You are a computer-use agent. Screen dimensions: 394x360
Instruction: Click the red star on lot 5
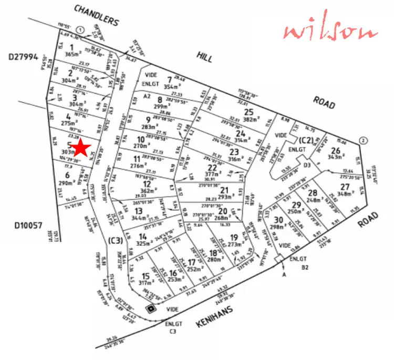(81, 148)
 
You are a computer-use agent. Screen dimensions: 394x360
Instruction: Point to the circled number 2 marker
(362, 139)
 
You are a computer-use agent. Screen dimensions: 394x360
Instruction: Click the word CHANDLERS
(97, 15)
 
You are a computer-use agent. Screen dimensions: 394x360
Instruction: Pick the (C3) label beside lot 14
(115, 241)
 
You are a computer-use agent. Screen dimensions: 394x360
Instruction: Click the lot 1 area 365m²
(71, 54)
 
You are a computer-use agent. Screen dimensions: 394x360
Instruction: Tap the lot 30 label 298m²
(278, 227)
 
